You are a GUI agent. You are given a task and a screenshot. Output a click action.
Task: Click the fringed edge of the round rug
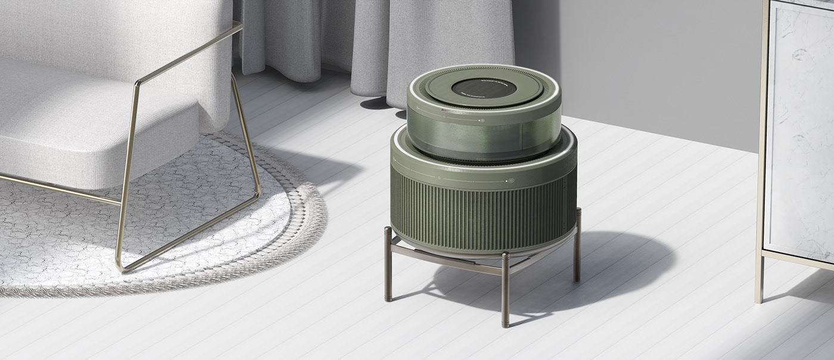tap(310, 232)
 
